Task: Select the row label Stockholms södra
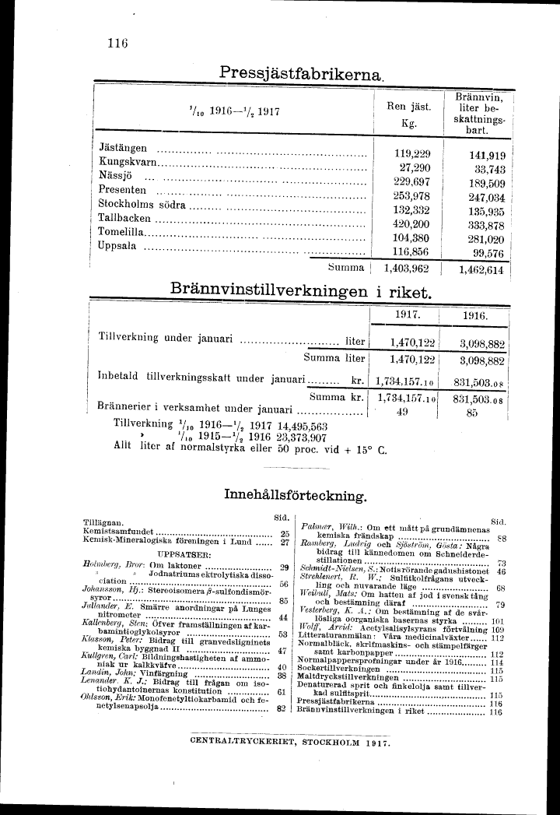point(142,206)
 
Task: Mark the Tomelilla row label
point(121,233)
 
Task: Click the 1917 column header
point(408,316)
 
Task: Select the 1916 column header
point(474,317)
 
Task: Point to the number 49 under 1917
point(403,413)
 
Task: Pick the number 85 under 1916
point(471,413)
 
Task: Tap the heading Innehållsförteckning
point(295,494)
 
